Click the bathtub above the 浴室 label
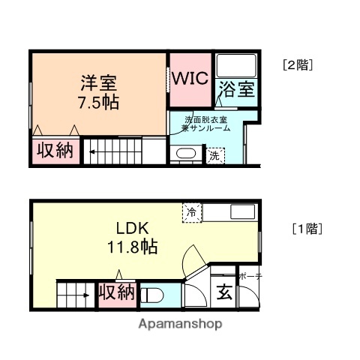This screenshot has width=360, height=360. tap(236, 67)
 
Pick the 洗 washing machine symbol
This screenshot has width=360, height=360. tap(216, 156)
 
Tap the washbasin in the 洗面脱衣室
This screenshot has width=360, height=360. tap(185, 155)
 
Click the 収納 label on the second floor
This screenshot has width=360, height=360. tap(55, 150)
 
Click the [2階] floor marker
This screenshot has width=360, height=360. tap(298, 64)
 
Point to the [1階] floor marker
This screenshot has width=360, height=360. tap(307, 229)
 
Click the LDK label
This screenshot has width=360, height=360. tap(134, 227)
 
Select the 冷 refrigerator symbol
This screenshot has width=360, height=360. tap(192, 213)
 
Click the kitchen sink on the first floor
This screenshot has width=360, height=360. tap(241, 211)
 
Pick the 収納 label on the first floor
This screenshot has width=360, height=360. tap(117, 292)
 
